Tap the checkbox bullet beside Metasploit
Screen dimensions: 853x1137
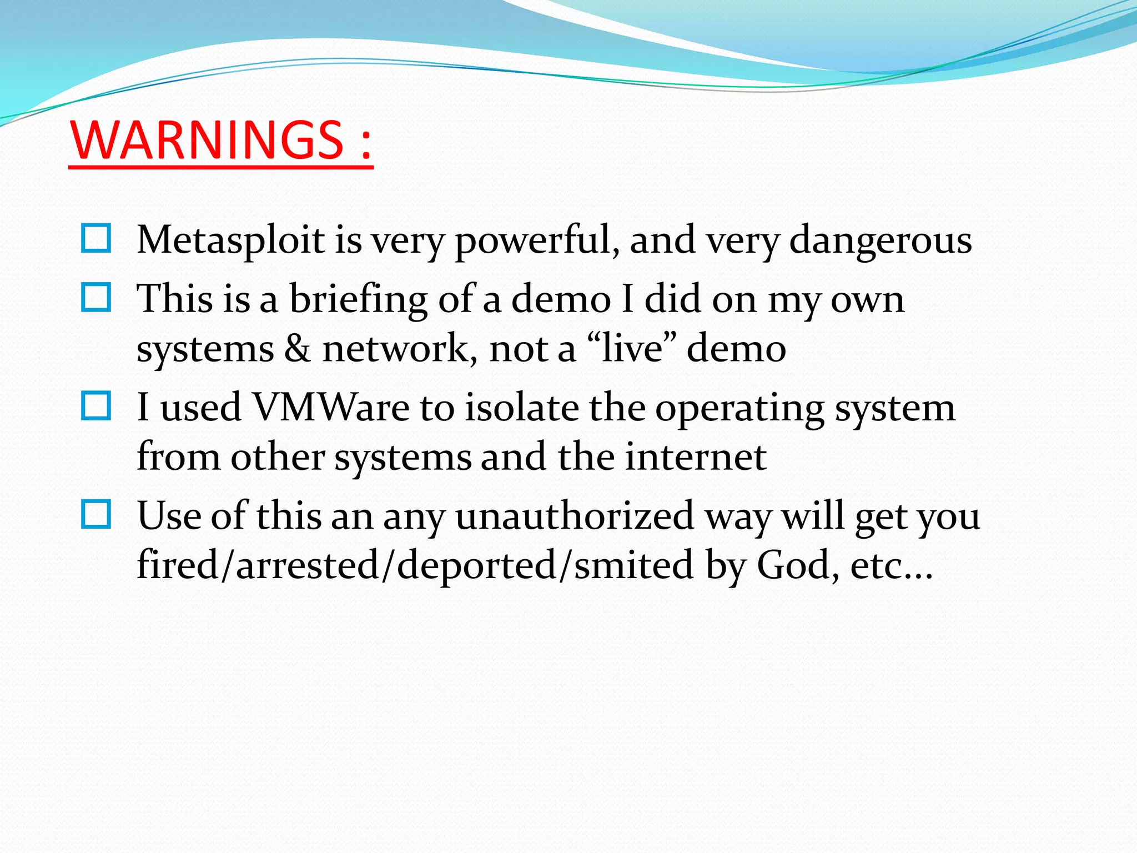(96, 239)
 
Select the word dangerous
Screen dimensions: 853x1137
(881, 242)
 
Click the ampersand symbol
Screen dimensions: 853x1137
(298, 349)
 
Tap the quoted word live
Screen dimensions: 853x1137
(632, 349)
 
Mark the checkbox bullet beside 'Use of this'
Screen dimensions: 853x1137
(96, 514)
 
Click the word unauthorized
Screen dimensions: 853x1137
(575, 516)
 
